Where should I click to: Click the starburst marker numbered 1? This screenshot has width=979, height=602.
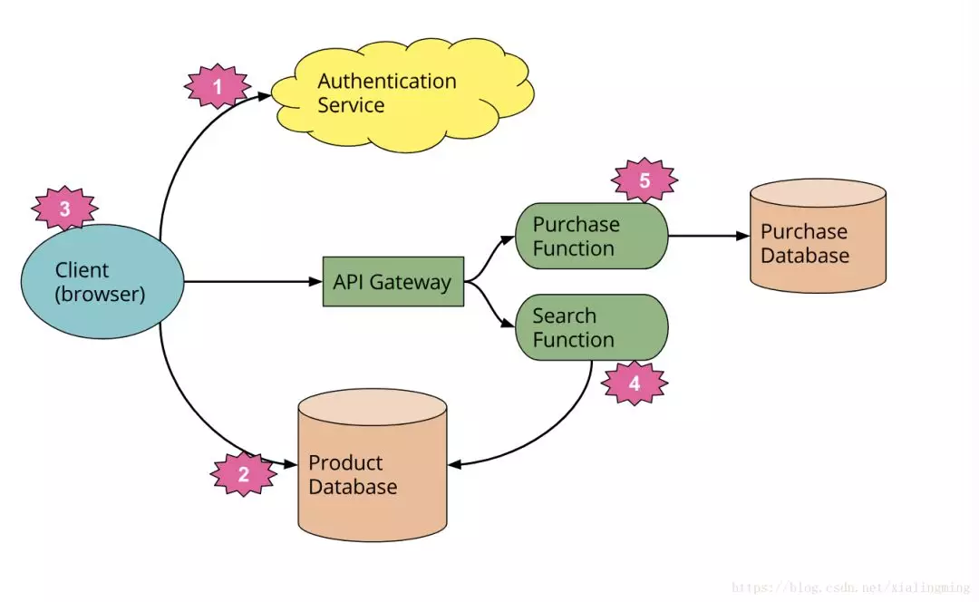(217, 88)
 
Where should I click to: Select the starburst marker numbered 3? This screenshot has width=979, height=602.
(64, 209)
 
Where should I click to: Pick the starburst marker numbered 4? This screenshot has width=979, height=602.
(634, 384)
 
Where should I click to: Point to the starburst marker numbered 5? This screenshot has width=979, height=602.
(645, 180)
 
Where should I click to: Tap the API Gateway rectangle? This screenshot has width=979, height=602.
(393, 282)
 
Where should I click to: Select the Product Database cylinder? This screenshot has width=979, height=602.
(373, 467)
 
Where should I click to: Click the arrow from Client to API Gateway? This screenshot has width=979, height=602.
(254, 282)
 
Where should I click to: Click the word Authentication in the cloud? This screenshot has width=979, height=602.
(387, 82)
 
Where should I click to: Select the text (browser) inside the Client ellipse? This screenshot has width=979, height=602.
(101, 295)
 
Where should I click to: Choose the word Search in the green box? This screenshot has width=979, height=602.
(565, 316)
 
